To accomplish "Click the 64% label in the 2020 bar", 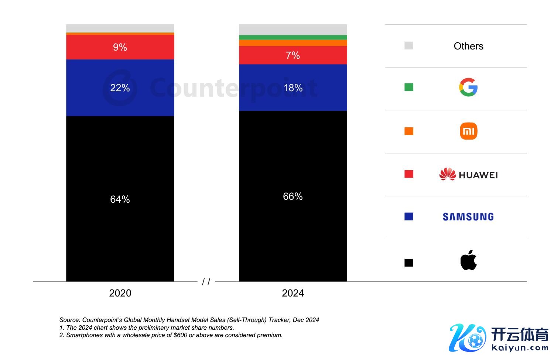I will pos(120,199).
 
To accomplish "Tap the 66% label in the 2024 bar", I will pos(293,196).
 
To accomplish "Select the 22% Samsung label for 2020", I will pos(120,88).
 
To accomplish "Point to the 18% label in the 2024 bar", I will pos(293,88).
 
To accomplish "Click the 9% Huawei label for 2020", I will pos(120,47).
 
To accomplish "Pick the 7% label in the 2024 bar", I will pos(293,55).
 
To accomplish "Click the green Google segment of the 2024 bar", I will pos(293,37).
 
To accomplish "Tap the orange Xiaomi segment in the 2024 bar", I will pos(293,43).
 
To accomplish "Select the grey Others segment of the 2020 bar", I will pos(120,28).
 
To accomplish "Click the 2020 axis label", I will pos(120,293).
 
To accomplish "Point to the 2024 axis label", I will pos(293,293).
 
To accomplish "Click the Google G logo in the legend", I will pos(468,88).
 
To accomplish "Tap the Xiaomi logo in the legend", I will pos(468,131).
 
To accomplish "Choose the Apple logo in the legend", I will pos(468,260).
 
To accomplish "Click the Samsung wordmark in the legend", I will pos(468,217).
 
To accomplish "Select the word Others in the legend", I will pos(468,46).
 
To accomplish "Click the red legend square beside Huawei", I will pos(409,174).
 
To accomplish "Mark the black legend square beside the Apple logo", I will pos(409,263).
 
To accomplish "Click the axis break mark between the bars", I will pos(206,282).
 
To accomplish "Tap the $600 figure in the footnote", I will pos(180,335).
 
